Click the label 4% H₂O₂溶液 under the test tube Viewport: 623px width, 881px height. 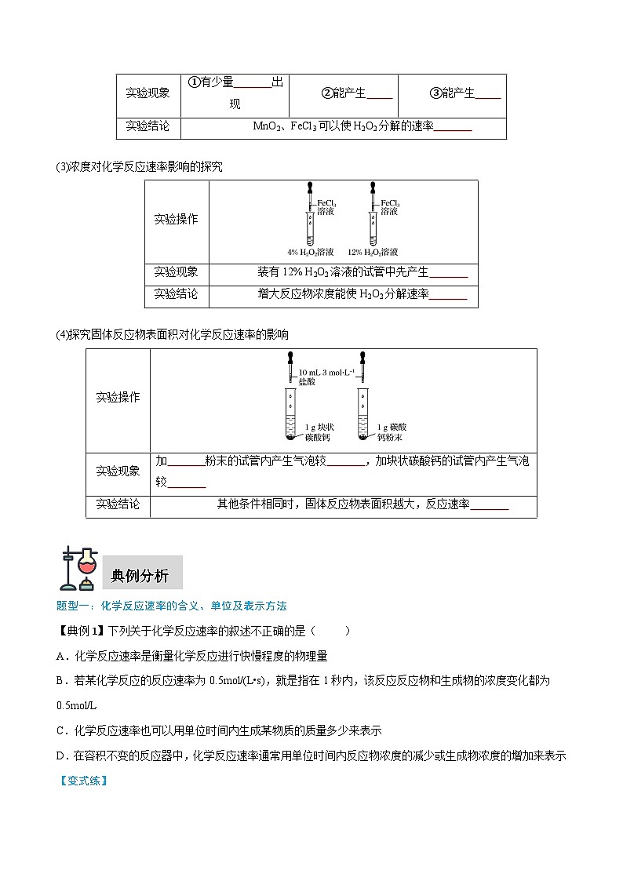point(311,253)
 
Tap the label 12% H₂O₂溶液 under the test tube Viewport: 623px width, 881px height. point(372,253)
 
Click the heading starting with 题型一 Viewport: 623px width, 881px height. point(172,606)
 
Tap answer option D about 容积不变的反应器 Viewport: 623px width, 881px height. point(311,755)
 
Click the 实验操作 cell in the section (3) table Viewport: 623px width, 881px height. point(177,219)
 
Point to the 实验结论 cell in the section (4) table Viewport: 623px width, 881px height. point(118,504)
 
